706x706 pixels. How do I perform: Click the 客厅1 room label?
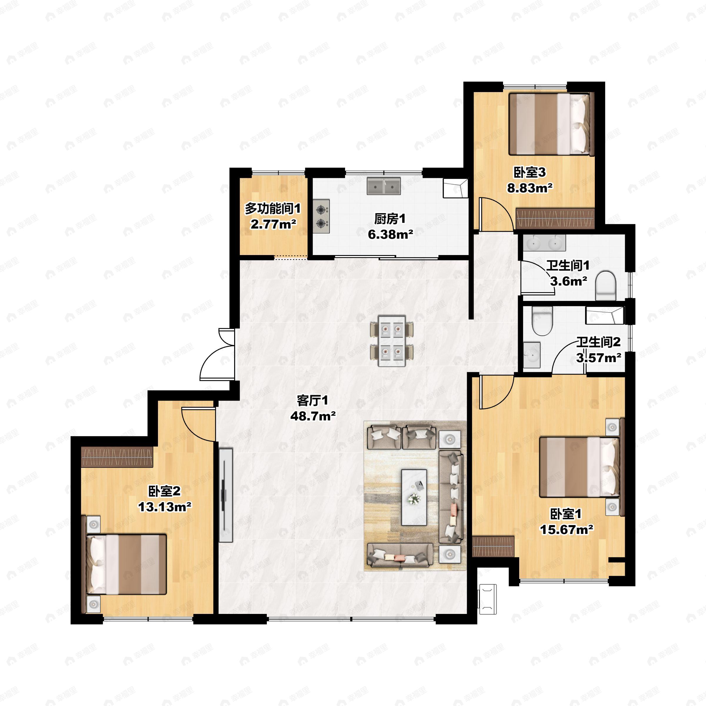click(312, 401)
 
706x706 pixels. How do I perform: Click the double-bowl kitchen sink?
click(384, 187)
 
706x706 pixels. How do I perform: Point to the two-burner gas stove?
click(321, 216)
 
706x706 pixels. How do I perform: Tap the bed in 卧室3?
click(550, 124)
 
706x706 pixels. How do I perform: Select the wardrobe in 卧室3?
click(555, 219)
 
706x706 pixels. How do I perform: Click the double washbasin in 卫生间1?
click(544, 242)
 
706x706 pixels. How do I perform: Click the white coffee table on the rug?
click(414, 497)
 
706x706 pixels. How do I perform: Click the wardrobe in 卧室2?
click(117, 457)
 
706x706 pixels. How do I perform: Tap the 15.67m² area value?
click(566, 529)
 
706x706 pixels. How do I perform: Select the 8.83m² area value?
click(529, 188)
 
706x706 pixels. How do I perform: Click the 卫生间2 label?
click(599, 342)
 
